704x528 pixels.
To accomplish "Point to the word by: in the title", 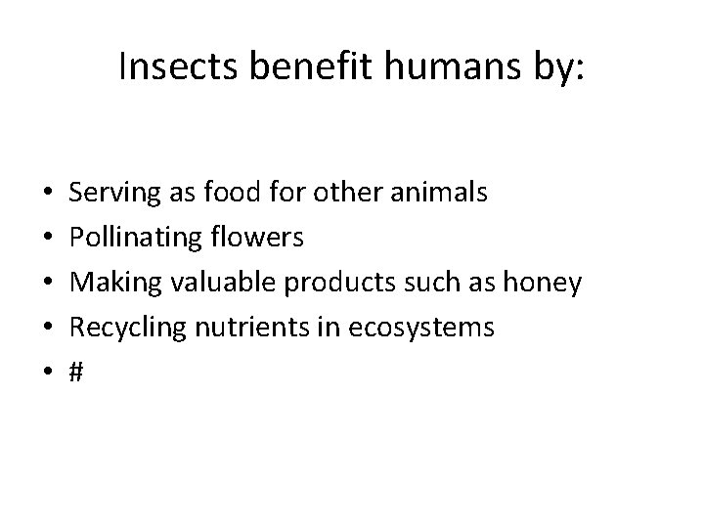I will (x=552, y=69).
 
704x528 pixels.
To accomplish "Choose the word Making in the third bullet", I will (x=116, y=284).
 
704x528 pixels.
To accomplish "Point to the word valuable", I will (x=222, y=284).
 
